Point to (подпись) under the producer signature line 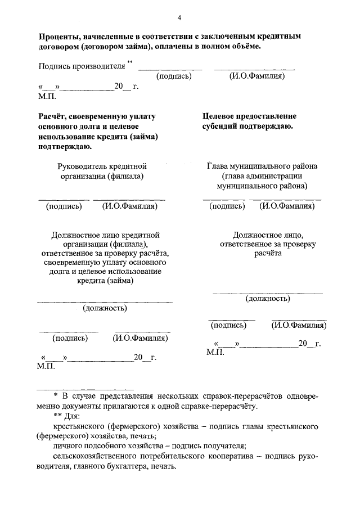tap(174, 76)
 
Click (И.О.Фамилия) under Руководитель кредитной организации tap(129, 206)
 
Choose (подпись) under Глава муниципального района tap(227, 206)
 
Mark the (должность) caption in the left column tap(105, 308)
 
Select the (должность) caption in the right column tap(268, 298)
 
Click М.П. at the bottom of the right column tap(215, 353)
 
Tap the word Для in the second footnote tap(73, 417)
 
